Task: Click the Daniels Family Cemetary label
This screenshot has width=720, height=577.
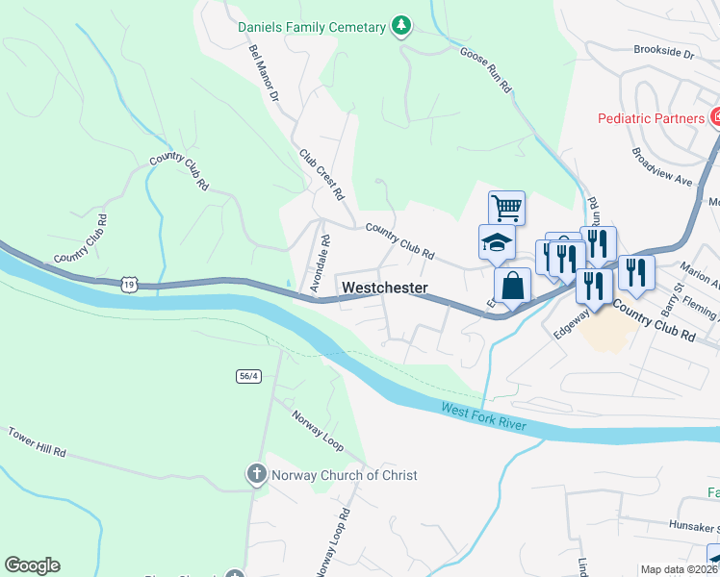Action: click(312, 27)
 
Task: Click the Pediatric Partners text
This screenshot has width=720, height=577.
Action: click(651, 117)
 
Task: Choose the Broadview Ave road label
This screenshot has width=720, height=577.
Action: click(661, 166)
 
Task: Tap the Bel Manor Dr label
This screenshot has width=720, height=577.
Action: click(263, 73)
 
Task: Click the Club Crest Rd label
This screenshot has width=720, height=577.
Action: click(321, 173)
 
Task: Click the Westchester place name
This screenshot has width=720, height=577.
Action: click(384, 288)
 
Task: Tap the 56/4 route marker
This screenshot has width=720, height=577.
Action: click(247, 375)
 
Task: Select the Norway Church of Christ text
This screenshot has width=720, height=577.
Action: click(345, 475)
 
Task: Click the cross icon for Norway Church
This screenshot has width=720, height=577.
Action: click(256, 474)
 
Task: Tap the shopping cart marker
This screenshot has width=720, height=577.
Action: click(506, 207)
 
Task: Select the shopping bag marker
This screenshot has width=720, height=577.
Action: click(512, 286)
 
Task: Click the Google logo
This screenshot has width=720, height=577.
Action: click(32, 565)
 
